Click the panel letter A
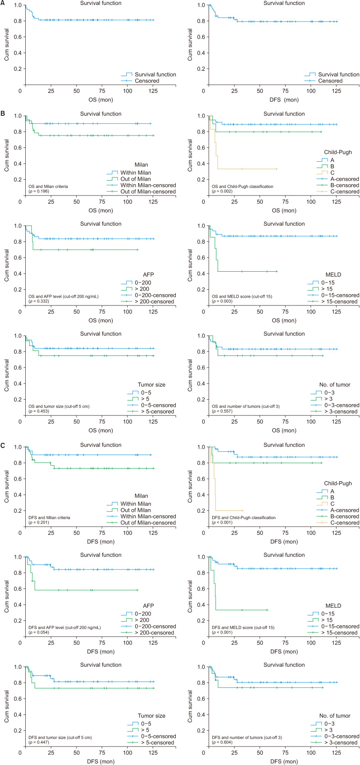pos(3,3)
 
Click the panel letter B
pos(3,113)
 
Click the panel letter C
pos(3,445)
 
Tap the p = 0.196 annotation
pos(39,191)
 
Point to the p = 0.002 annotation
pos(222,191)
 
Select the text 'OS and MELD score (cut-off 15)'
pos(242,296)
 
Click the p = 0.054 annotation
pos(39,633)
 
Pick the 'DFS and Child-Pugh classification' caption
pos(243,518)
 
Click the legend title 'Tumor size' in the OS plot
pos(151,385)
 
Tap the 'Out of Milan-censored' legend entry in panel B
pos(148,191)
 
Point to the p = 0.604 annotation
pos(222,742)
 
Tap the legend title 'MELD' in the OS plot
pos(333,274)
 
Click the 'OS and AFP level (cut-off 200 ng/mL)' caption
pos(64,296)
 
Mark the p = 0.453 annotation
pos(39,411)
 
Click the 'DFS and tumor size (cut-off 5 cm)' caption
pos(60,738)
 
